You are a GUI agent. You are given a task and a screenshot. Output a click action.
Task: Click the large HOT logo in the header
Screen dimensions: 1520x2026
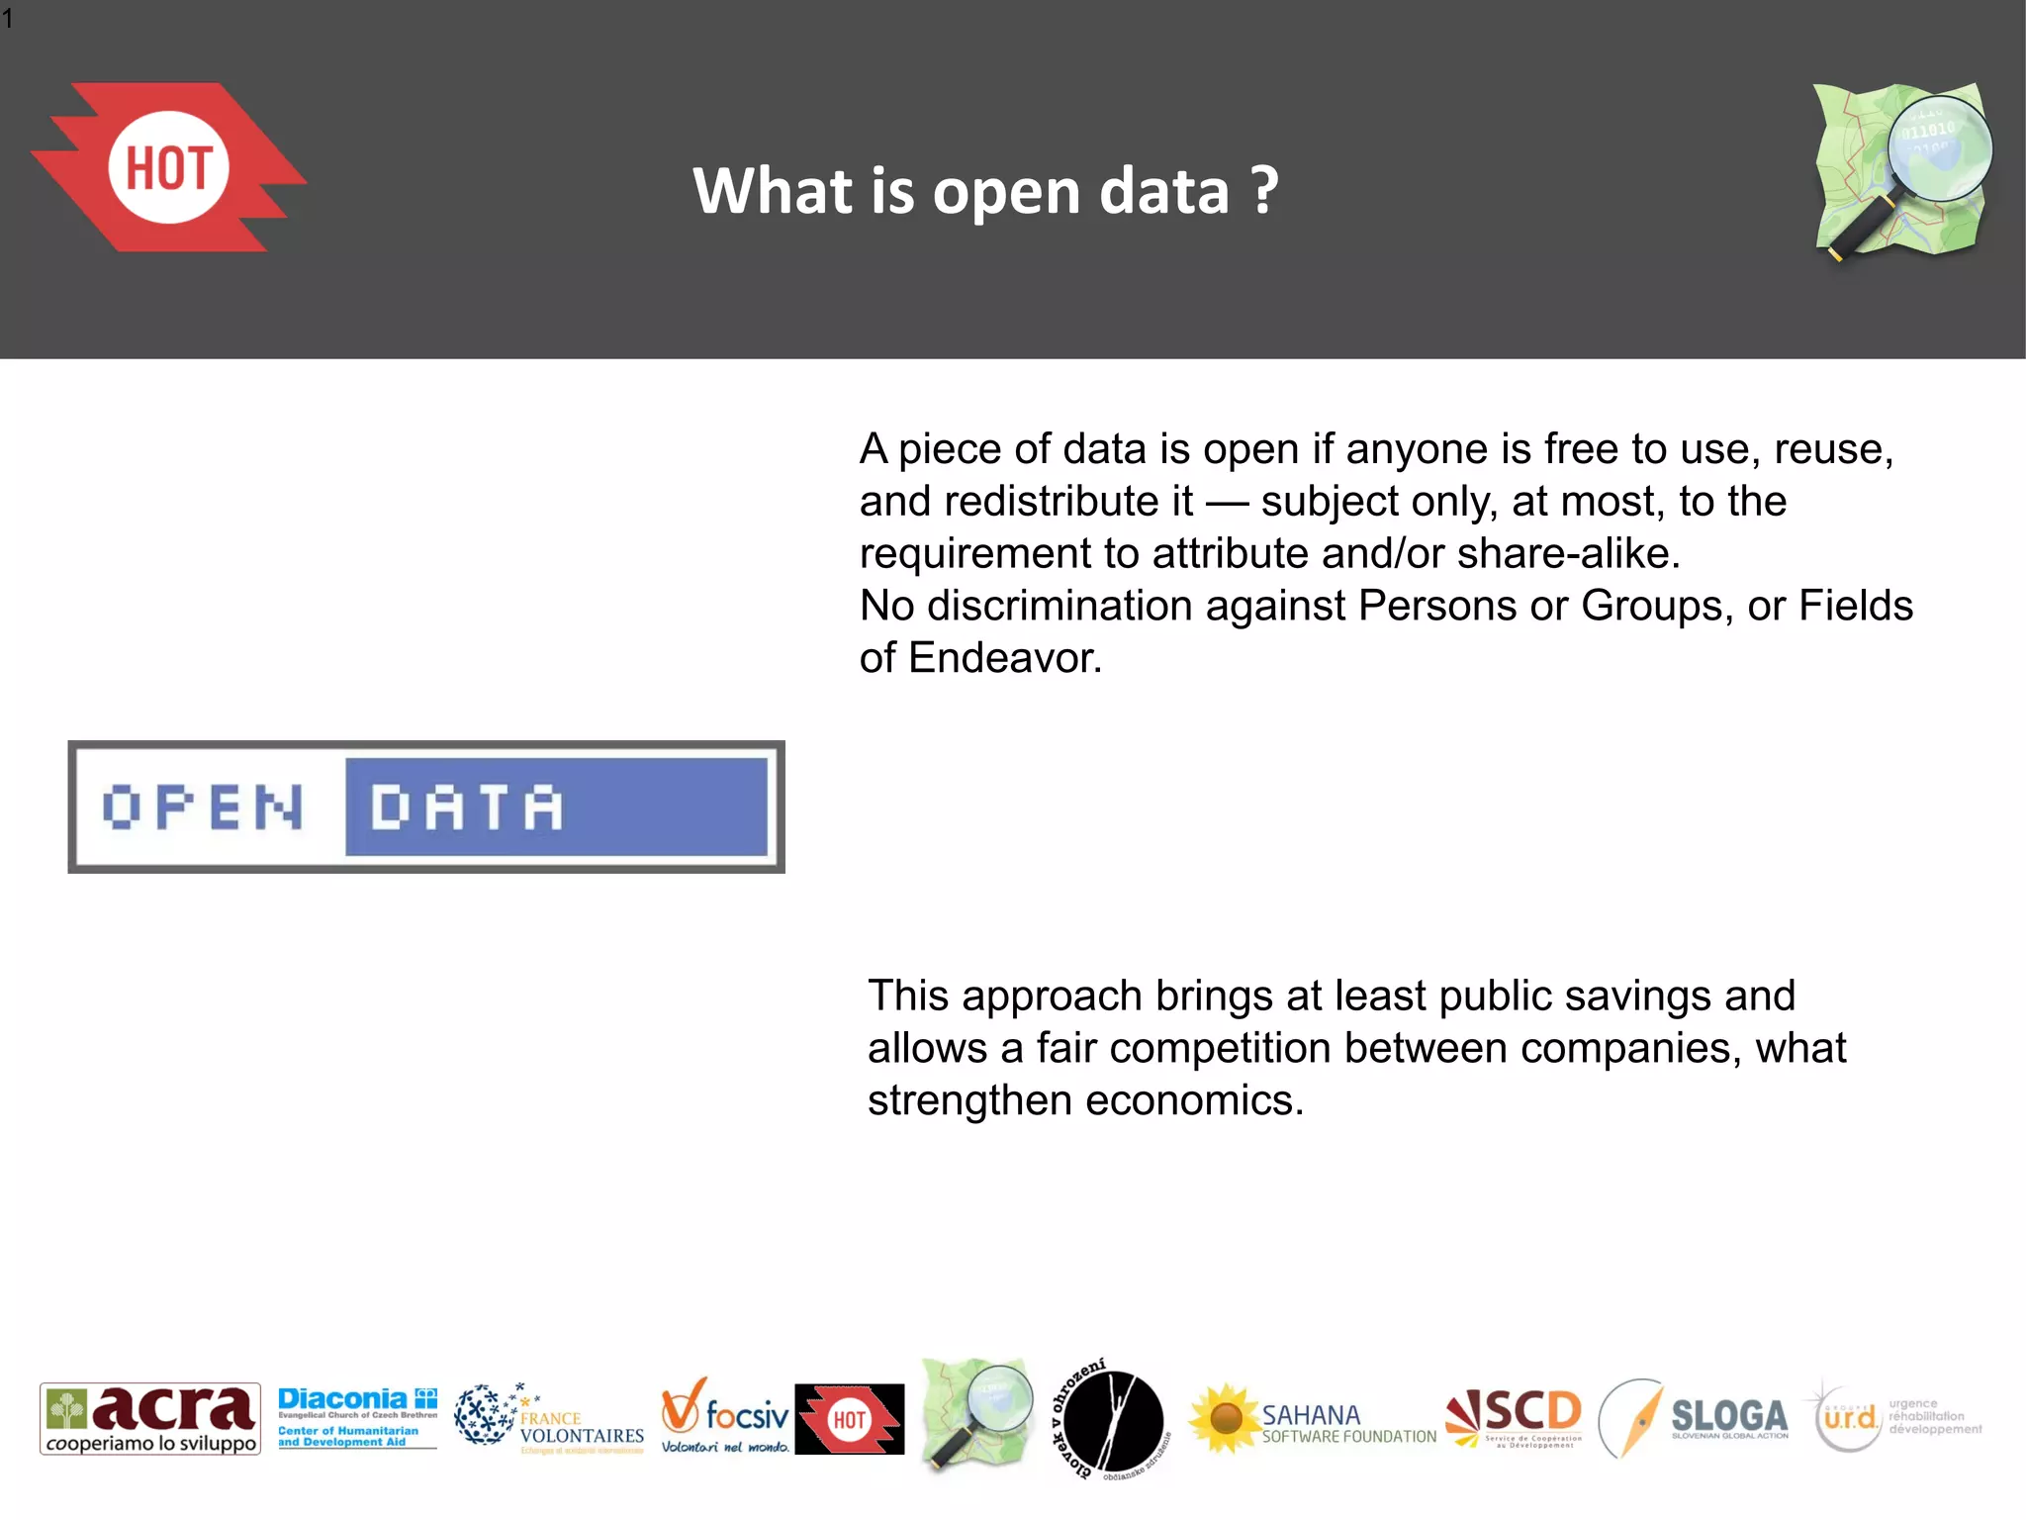click(x=168, y=167)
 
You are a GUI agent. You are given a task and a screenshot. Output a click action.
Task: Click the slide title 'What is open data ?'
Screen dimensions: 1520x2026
click(x=985, y=190)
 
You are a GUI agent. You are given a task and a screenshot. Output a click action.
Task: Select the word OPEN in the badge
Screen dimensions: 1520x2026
click(x=203, y=807)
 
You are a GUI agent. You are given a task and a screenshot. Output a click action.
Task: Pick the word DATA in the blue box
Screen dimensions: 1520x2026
click(x=466, y=807)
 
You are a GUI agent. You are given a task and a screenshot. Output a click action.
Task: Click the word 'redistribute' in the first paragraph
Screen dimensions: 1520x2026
click(x=1067, y=502)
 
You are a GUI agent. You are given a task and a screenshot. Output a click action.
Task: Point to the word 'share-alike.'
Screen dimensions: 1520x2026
click(x=1568, y=553)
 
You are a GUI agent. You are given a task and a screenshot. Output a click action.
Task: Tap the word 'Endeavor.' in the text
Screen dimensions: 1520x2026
click(x=1004, y=658)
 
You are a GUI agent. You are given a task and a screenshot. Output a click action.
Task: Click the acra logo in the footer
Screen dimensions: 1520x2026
click(x=150, y=1418)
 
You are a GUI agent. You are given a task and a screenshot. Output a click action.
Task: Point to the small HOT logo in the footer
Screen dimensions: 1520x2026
click(x=849, y=1419)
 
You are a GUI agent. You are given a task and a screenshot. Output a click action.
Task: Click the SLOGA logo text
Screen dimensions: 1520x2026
click(x=1728, y=1415)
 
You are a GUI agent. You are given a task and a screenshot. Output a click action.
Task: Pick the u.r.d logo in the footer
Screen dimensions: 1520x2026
click(x=1850, y=1418)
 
